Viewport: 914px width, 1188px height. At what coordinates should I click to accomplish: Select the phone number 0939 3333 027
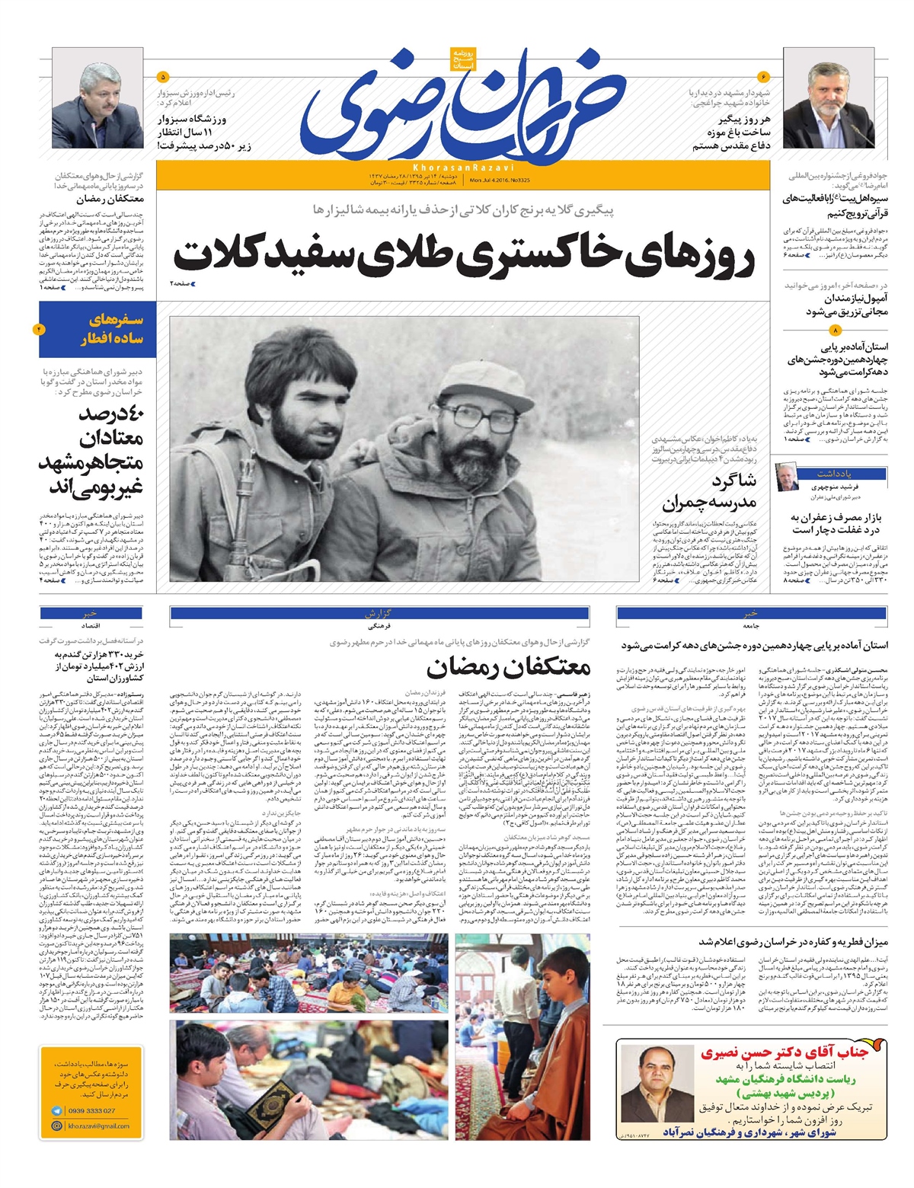pyautogui.click(x=91, y=1111)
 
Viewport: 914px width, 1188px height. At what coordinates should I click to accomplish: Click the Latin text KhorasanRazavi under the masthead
pyautogui.click(x=464, y=166)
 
